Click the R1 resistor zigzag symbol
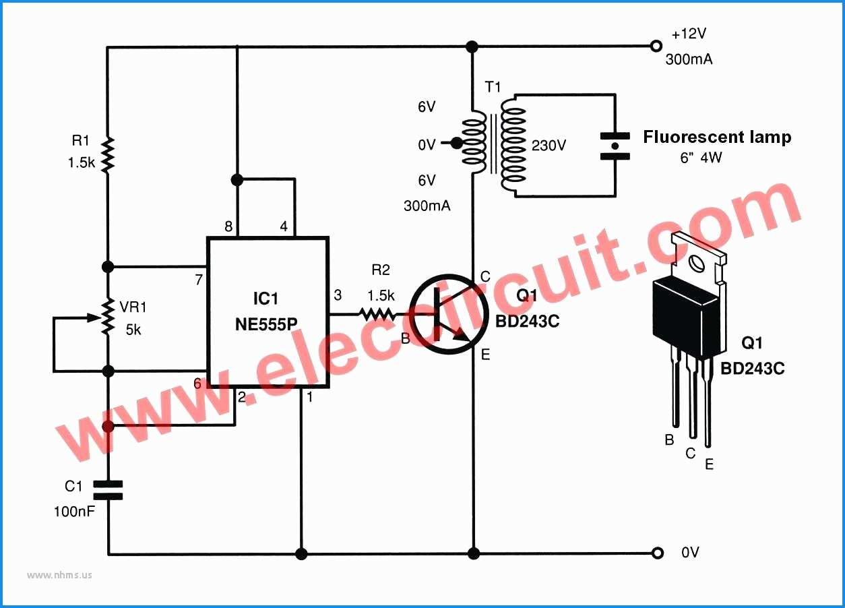click(107, 155)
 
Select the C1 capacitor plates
click(107, 490)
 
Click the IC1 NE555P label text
click(267, 311)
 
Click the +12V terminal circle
click(655, 47)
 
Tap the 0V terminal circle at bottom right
click(657, 553)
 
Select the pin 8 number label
click(228, 227)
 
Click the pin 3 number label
click(338, 295)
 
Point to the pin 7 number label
click(199, 279)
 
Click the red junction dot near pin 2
click(107, 426)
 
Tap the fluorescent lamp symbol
click(615, 146)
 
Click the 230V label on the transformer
click(549, 146)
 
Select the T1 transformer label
click(493, 87)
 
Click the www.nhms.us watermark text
click(60, 575)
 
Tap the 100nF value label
click(74, 512)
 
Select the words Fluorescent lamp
click(717, 138)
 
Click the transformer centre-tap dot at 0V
click(456, 143)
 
